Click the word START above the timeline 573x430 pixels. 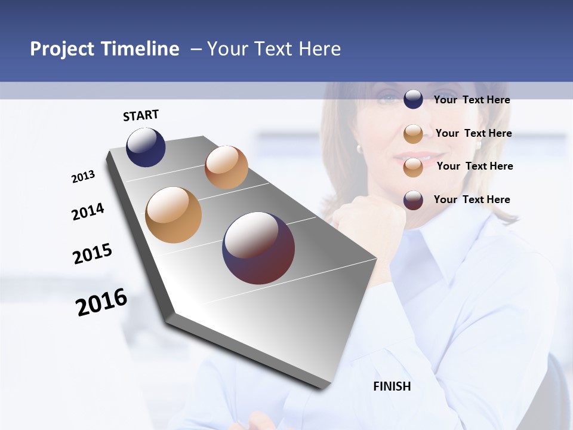point(141,115)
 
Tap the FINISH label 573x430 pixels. point(392,386)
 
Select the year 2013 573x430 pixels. point(84,177)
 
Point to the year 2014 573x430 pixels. point(88,211)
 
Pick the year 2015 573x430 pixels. point(93,254)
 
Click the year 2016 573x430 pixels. point(101,302)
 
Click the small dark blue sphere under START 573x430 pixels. point(146,147)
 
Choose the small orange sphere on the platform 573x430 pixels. point(226,167)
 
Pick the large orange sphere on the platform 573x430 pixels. point(174,215)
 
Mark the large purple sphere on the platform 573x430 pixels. point(258,248)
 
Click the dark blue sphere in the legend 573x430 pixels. point(413,99)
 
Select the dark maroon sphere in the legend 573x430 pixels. point(413,200)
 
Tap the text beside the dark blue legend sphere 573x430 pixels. point(472,100)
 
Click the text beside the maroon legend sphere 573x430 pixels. point(472,199)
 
